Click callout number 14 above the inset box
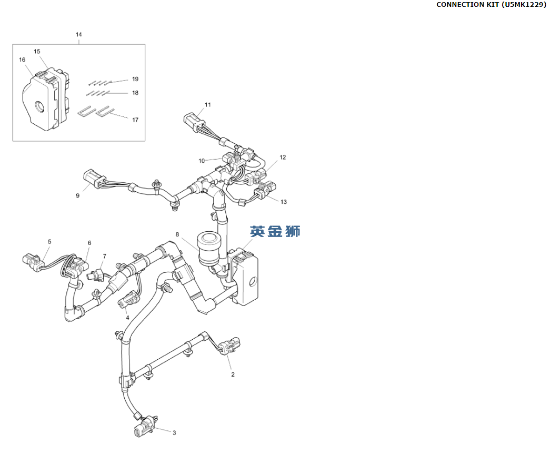click(78, 35)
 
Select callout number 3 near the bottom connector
click(174, 433)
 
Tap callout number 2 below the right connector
click(233, 375)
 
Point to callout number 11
click(208, 105)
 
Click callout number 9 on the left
click(78, 195)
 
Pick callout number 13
click(284, 202)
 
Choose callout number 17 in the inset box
click(135, 120)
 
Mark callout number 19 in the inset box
click(135, 79)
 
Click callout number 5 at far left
click(49, 242)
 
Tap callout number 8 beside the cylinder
click(177, 234)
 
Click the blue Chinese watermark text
click(275, 231)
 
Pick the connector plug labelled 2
click(230, 344)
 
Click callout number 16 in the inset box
click(22, 60)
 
